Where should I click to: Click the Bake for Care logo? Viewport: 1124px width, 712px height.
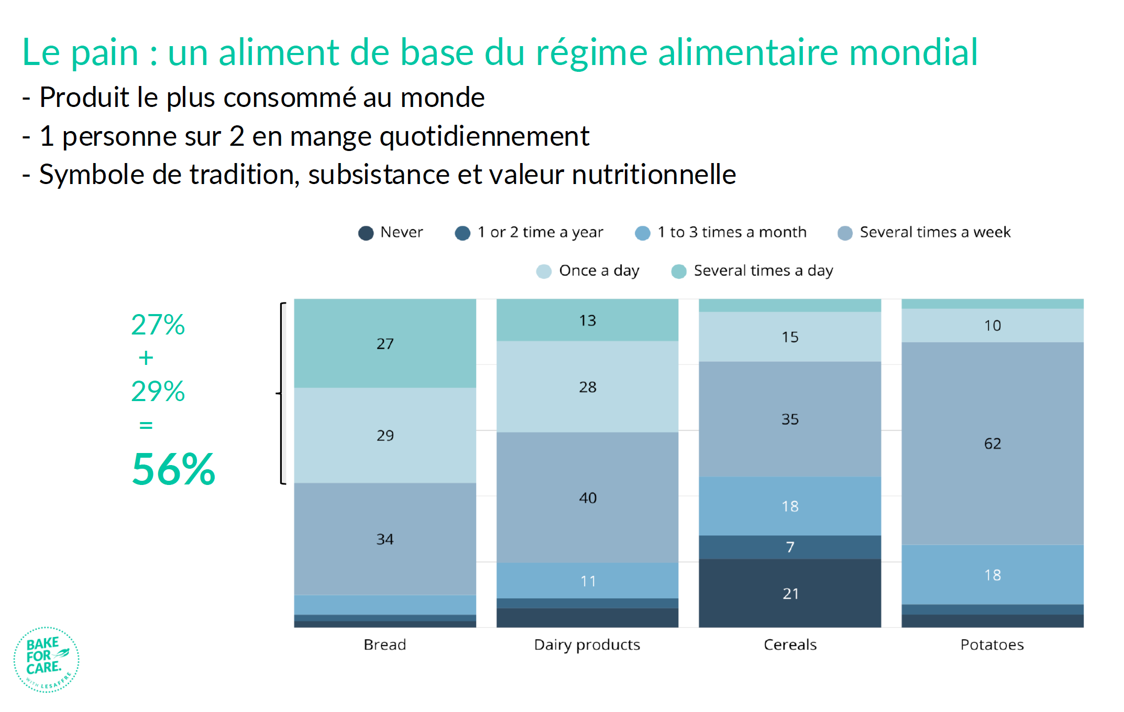point(46,660)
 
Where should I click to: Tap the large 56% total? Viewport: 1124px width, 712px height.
point(173,469)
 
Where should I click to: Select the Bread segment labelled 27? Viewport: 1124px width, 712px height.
point(385,343)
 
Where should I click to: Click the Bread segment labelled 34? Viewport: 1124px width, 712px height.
point(385,539)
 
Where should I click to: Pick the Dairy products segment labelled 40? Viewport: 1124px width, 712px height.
point(587,498)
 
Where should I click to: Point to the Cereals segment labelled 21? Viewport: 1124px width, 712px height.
point(790,593)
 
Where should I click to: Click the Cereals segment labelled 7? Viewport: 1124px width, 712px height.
point(790,547)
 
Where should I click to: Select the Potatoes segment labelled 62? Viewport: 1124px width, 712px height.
point(993,444)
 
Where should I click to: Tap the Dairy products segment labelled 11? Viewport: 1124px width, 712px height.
point(587,580)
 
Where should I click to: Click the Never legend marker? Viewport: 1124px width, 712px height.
point(366,233)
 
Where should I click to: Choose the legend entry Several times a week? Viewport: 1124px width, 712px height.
point(924,232)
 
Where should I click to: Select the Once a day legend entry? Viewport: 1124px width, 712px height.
point(588,271)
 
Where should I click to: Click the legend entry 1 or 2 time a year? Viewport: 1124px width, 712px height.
point(529,232)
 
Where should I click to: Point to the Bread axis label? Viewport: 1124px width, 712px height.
point(385,644)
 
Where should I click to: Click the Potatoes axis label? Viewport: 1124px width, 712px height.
point(992,644)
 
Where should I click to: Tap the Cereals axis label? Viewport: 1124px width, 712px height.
point(790,644)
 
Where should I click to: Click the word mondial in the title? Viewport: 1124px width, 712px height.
point(913,52)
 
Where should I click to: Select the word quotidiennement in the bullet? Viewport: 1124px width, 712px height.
point(484,136)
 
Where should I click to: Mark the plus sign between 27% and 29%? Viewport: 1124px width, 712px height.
point(146,358)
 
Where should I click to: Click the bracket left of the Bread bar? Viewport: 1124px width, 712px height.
point(281,393)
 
